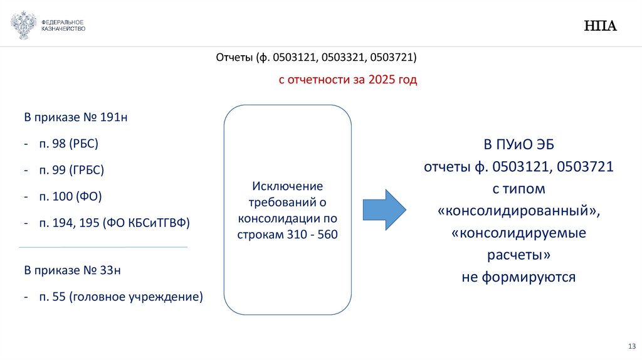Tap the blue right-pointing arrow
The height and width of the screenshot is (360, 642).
click(384, 209)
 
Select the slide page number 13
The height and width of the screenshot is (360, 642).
click(631, 347)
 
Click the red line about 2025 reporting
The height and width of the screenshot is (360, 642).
click(347, 80)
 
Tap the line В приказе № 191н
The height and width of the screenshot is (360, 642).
click(75, 117)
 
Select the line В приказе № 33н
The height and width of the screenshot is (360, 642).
click(72, 270)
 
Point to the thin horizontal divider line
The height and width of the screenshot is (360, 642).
click(103, 247)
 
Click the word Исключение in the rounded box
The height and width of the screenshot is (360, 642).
click(287, 186)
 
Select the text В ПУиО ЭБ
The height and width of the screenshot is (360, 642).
click(518, 145)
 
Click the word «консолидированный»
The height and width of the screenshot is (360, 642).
click(518, 211)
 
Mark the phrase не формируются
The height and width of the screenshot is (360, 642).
click(518, 277)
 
